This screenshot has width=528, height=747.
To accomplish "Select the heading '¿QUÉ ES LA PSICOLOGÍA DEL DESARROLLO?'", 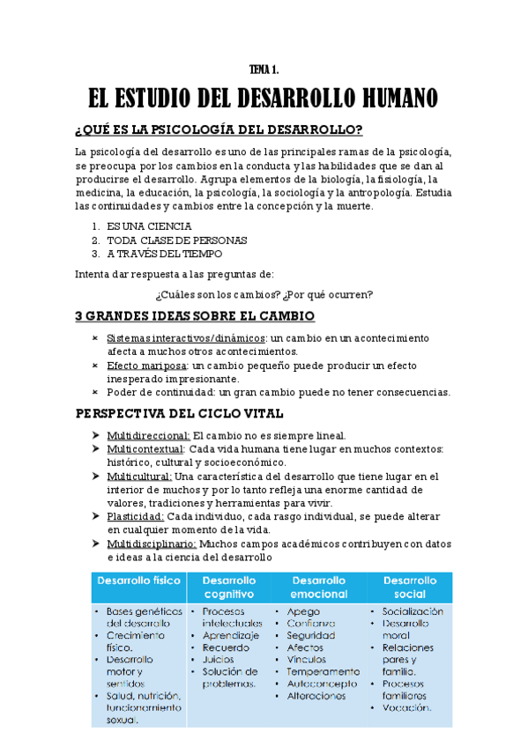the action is [219, 130].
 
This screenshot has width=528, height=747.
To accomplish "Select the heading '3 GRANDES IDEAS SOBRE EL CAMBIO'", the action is [195, 315].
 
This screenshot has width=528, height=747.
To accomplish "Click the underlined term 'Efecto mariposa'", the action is [145, 365].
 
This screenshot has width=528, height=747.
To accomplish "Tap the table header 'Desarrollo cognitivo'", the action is [229, 588].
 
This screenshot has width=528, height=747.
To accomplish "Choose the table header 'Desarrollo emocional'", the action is [318, 588].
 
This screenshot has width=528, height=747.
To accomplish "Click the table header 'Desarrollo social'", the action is [410, 588].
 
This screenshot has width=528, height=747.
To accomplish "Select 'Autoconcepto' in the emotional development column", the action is [323, 683].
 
